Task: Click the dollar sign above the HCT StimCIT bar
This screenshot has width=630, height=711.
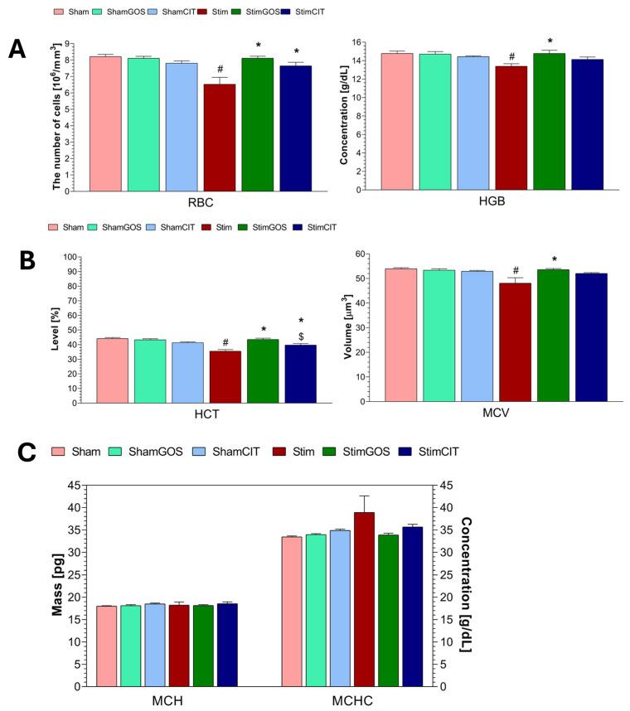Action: pos(301,336)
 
